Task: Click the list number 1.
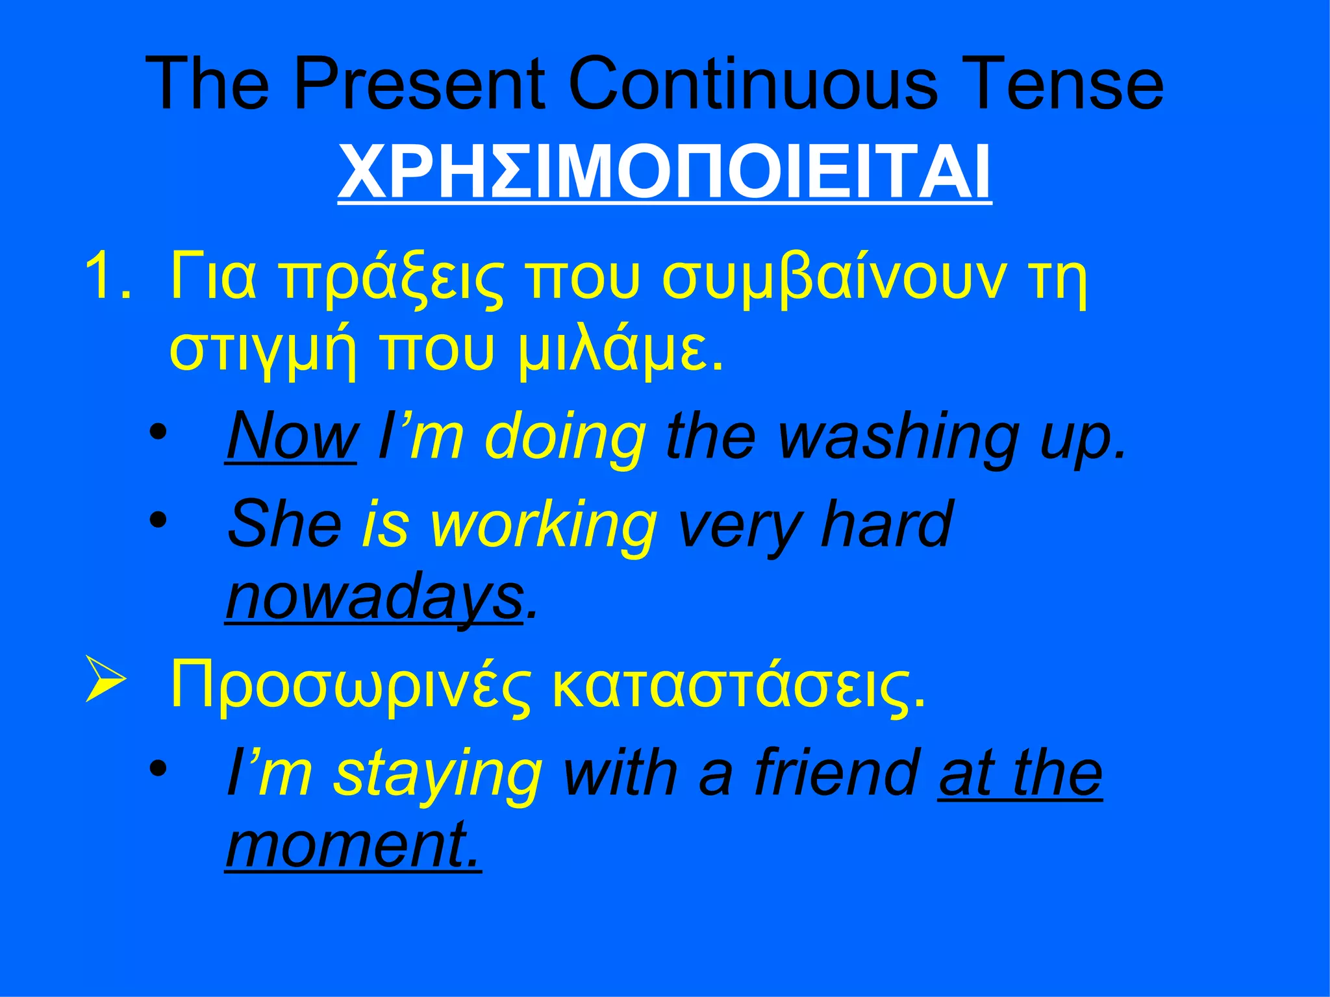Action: pos(104,278)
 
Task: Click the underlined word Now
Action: pos(291,436)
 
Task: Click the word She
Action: pos(284,524)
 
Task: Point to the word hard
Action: pos(886,524)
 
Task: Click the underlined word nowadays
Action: pos(374,597)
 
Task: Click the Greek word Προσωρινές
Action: pos(351,687)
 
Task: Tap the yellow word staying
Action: pos(438,774)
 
